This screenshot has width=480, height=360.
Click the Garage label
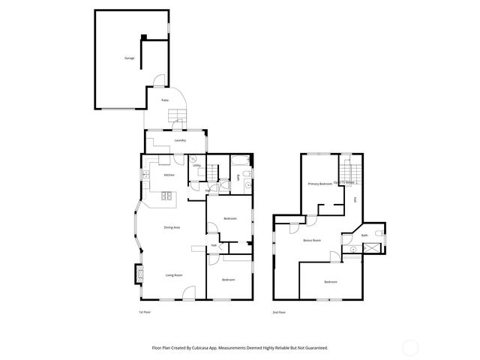[130, 58]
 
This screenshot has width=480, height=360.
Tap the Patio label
[164, 100]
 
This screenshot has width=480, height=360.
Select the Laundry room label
[180, 140]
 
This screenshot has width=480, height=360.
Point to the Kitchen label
[169, 175]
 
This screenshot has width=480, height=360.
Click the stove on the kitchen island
[166, 196]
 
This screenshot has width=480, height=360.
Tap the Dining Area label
[172, 227]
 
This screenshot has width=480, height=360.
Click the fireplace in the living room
[138, 274]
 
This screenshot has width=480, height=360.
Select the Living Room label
[175, 275]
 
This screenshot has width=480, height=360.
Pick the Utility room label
[196, 165]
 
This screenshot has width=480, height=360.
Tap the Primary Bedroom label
[319, 184]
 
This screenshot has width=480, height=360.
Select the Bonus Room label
[312, 240]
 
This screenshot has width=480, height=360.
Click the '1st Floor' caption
[145, 311]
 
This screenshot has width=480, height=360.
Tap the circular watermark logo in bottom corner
[410, 347]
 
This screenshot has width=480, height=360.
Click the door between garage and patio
[159, 82]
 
